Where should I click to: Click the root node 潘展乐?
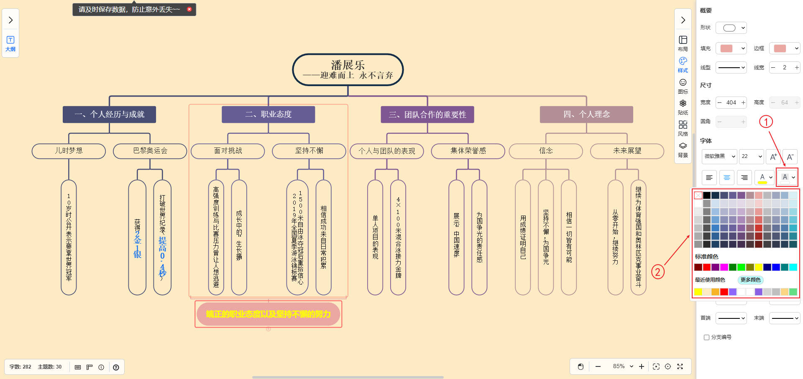(348, 69)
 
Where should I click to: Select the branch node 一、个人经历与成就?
(109, 114)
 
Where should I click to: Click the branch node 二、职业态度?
(268, 114)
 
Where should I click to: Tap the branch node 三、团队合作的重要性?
(427, 114)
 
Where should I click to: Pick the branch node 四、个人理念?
(586, 114)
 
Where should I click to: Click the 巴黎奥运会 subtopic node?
(150, 151)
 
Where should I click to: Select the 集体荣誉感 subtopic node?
(468, 151)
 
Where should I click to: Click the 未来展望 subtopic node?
(627, 151)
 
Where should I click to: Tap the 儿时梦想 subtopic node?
(69, 151)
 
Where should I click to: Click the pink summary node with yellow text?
(268, 314)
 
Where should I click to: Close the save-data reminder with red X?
(189, 9)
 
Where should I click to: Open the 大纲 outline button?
(10, 43)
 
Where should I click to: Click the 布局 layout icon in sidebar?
(683, 43)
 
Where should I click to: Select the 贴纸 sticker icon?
(683, 107)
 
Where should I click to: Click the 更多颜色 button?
(750, 280)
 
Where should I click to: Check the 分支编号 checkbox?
(707, 337)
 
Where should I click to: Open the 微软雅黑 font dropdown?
(719, 156)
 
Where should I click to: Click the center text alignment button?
(727, 178)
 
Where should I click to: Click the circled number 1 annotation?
(766, 122)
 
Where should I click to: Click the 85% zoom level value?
(619, 366)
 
